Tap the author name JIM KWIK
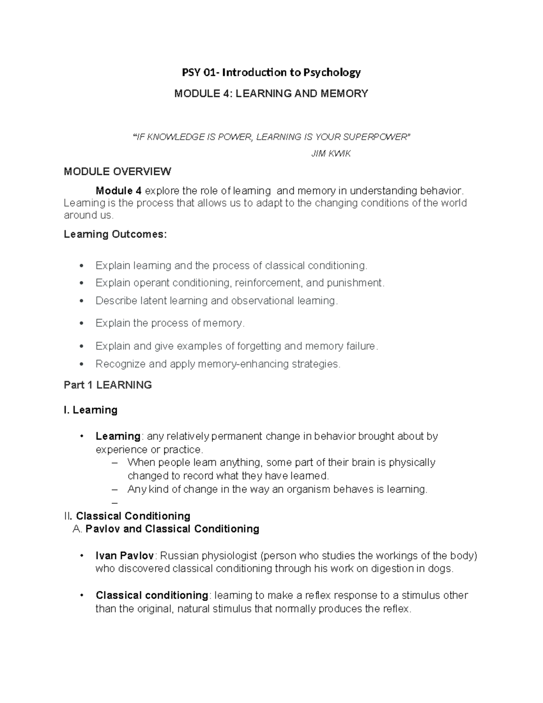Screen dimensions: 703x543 coord(331,154)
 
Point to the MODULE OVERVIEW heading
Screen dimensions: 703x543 coord(117,172)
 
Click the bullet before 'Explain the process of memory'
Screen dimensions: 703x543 coord(81,323)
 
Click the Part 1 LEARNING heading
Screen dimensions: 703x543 coord(108,385)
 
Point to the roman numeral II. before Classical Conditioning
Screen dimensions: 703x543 coord(68,516)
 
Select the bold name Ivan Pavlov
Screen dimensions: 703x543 coord(125,556)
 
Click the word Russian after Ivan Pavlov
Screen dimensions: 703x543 coord(179,556)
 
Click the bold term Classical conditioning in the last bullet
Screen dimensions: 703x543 coord(152,595)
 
